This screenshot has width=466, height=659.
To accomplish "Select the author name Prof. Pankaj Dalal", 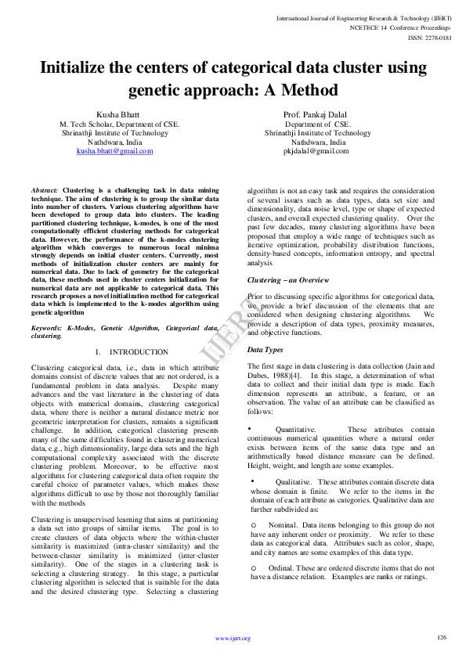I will [x=318, y=115].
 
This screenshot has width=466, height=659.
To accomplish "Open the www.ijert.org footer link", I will [x=233, y=639].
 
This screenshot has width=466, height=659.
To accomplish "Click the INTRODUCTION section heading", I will [x=139, y=352].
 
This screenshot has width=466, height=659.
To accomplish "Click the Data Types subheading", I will [x=266, y=350].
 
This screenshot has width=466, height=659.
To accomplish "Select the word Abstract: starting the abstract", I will [x=45, y=190].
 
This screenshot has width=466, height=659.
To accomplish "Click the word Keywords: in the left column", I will [x=47, y=328].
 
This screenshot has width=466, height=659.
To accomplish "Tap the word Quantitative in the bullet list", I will [x=295, y=430].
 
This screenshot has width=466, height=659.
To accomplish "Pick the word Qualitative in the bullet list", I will [x=294, y=482].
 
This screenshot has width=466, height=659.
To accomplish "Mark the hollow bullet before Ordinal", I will [x=253, y=567].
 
